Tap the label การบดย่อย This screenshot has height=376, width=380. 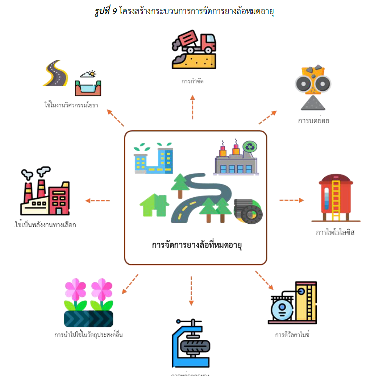click(313, 121)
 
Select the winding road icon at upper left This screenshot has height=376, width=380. click(55, 73)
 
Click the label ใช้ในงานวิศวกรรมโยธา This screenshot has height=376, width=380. click(71, 105)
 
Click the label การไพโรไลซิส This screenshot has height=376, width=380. click(335, 232)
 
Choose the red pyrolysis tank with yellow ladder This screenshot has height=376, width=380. click(336, 198)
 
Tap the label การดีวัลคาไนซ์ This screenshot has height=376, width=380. click(292, 335)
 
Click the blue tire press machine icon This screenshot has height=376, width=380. click(191, 343)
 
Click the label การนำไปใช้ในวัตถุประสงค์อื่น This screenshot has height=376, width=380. click(89, 335)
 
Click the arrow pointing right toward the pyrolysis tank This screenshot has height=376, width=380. click(291, 200)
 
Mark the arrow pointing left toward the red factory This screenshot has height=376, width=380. click(98, 201)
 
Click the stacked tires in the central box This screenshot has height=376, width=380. click(248, 211)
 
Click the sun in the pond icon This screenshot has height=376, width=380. click(92, 74)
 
